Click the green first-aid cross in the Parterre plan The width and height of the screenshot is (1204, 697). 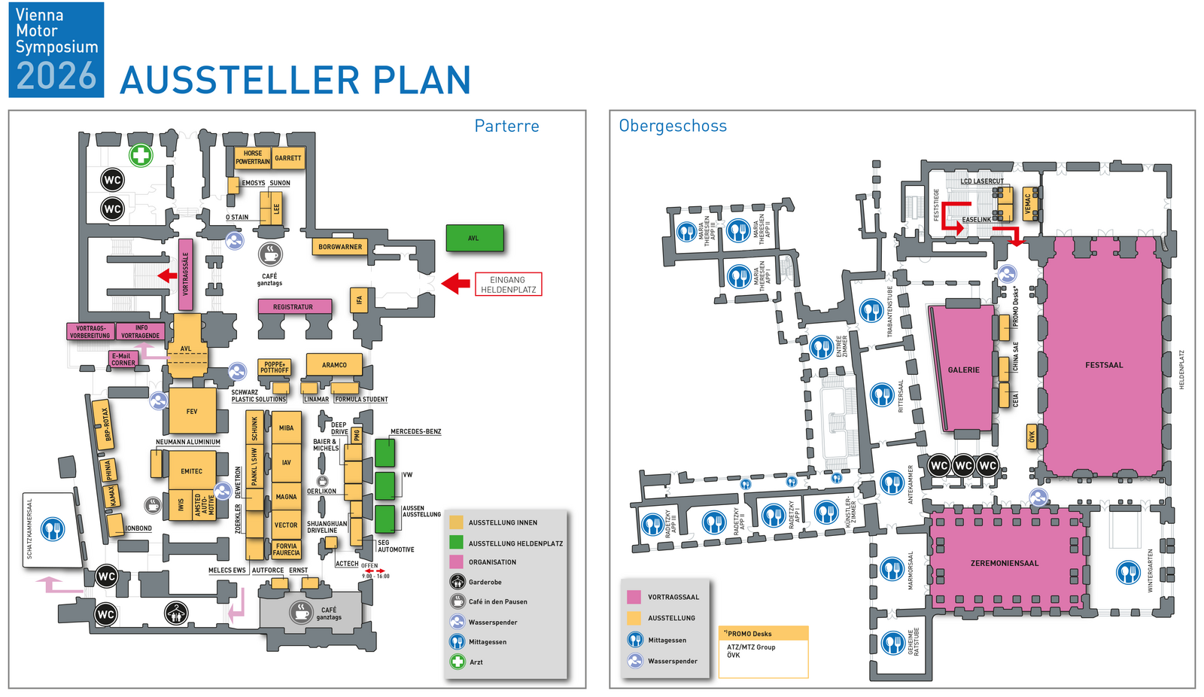[141, 156]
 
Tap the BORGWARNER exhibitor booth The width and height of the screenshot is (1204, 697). [340, 246]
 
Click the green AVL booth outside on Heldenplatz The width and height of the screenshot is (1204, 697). [474, 238]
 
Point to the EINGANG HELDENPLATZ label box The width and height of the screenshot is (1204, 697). [508, 285]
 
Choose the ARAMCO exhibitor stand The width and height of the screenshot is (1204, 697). [334, 365]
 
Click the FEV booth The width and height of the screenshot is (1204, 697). [192, 411]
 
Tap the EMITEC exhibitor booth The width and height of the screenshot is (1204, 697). [191, 471]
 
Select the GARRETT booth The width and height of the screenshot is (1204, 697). [287, 158]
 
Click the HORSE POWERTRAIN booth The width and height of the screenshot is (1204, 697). [252, 157]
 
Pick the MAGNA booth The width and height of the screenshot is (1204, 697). [286, 497]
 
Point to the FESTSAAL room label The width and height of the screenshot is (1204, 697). [1104, 365]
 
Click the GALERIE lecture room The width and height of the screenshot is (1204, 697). [963, 370]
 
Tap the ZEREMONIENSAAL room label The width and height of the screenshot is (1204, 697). [1005, 563]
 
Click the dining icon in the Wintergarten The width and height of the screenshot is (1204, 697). [1128, 573]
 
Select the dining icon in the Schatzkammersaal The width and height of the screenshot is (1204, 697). [53, 529]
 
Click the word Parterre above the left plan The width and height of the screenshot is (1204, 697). [506, 126]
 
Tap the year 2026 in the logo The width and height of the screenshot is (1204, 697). [56, 76]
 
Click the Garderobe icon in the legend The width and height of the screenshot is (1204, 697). [458, 582]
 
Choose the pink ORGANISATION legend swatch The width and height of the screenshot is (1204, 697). [456, 562]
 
